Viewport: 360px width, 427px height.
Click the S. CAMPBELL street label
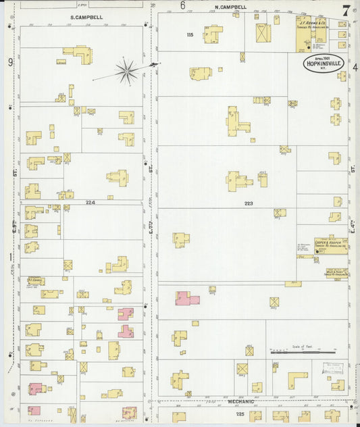(86, 16)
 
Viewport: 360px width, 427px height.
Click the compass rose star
(126, 70)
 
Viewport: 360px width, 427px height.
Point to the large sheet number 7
(346, 10)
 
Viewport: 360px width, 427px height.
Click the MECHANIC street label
(240, 402)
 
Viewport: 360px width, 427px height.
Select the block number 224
(91, 202)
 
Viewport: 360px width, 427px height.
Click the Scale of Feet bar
(303, 352)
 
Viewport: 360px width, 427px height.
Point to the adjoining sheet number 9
(11, 62)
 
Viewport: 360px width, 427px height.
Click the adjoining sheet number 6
(182, 5)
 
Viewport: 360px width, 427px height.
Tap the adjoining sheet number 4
(355, 66)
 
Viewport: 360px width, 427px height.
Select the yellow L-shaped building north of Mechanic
(297, 380)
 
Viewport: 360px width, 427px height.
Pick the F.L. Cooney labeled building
(36, 280)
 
